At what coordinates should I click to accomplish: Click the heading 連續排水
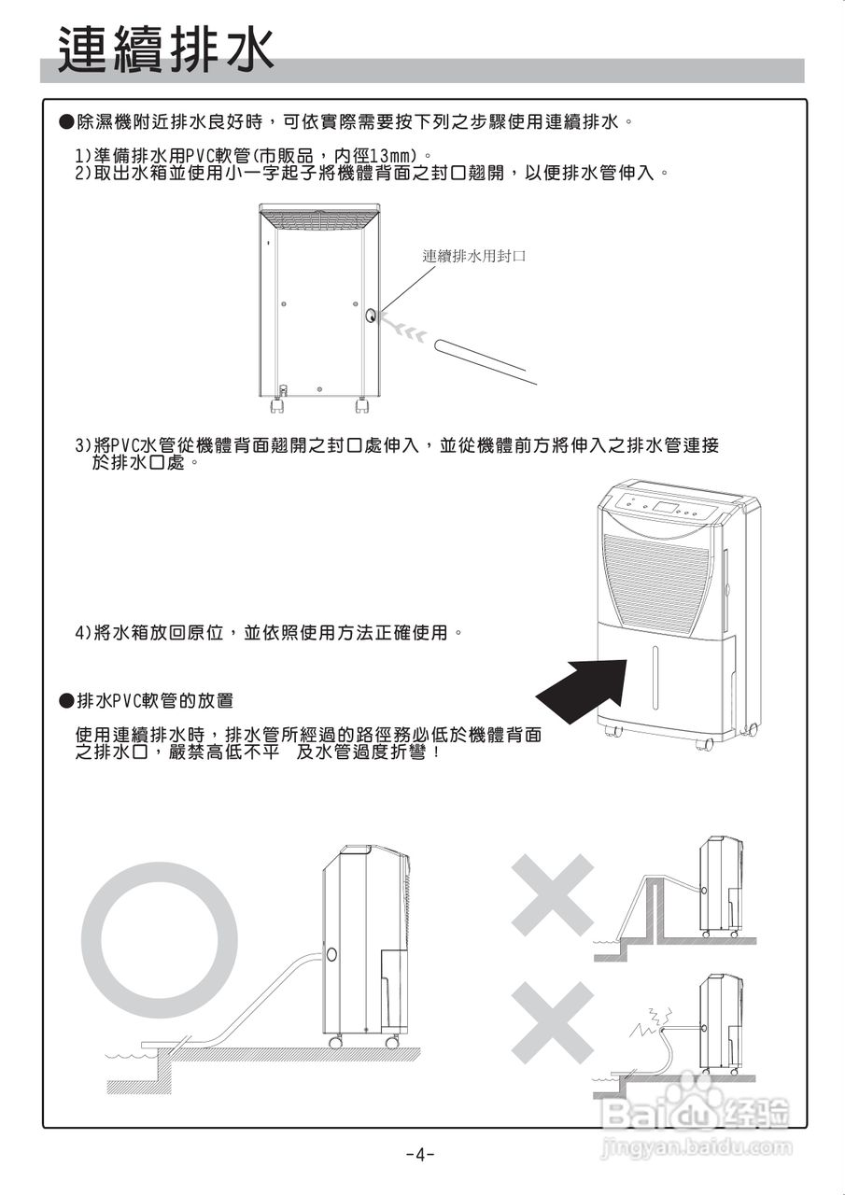click(x=166, y=49)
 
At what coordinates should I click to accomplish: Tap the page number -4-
click(x=421, y=1154)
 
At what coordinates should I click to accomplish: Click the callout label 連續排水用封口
click(x=473, y=256)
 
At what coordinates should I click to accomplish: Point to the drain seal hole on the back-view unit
click(x=372, y=316)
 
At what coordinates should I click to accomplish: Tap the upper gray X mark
click(x=552, y=895)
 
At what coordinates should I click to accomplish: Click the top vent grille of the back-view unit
click(x=319, y=218)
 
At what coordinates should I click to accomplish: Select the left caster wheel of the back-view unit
click(x=277, y=406)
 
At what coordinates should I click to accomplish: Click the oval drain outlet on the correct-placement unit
click(x=331, y=955)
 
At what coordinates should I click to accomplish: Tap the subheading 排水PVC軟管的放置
click(x=154, y=700)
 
